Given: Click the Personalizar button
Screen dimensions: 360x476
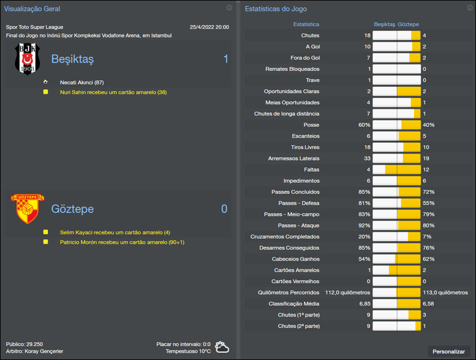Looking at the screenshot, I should [x=449, y=351].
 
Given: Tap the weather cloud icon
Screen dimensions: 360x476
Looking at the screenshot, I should [x=223, y=348].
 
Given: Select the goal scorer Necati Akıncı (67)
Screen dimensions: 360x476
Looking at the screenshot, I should [x=82, y=82].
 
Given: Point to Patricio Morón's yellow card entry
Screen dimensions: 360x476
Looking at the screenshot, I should [x=122, y=242].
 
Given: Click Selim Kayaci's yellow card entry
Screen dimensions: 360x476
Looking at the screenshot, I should [x=115, y=232].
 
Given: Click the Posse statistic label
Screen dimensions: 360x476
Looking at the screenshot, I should [x=311, y=125].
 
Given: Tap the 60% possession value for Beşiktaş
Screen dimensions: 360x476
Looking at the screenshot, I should [x=364, y=125].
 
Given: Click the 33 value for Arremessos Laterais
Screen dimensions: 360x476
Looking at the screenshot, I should [x=367, y=158].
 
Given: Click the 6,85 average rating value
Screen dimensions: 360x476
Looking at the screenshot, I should [x=364, y=303].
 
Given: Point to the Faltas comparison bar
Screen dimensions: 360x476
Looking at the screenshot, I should [x=396, y=170].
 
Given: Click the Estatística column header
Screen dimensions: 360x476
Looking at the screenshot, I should [x=306, y=24].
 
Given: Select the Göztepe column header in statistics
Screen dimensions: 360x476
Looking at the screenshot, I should [x=408, y=24].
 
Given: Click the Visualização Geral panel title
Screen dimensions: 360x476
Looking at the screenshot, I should [x=32, y=9].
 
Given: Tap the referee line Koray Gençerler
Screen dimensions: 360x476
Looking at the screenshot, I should [x=35, y=351].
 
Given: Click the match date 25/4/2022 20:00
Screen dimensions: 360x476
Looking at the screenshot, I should [x=209, y=27].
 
